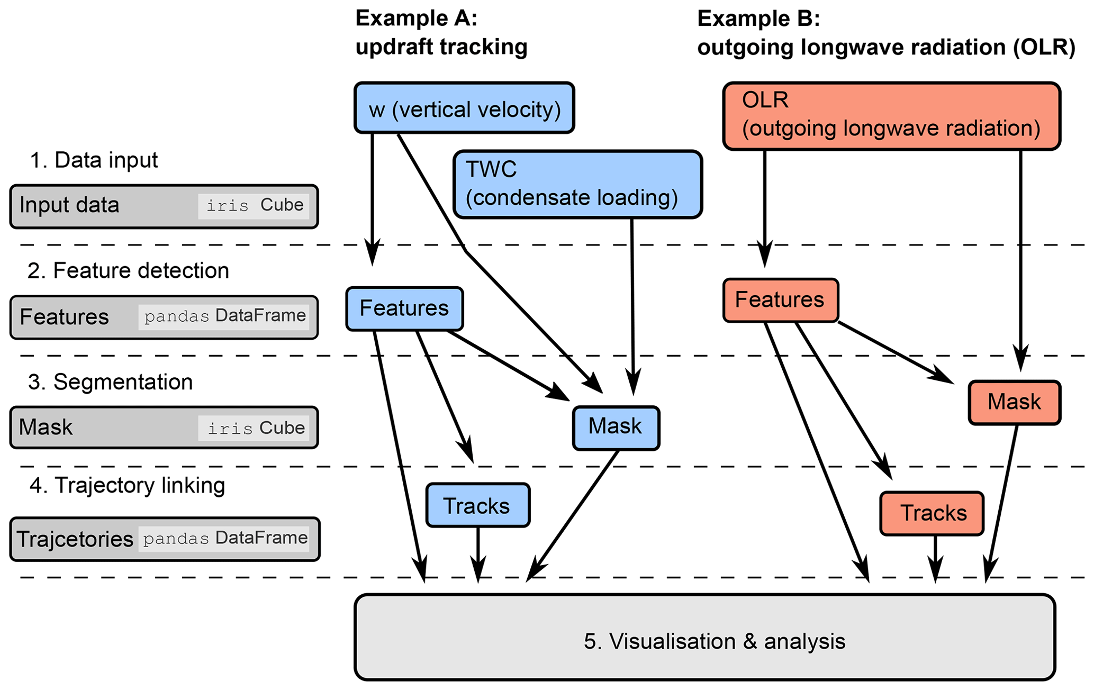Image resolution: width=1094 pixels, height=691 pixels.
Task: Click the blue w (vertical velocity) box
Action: pyautogui.click(x=464, y=108)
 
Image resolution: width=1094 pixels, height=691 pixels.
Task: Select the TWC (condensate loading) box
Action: pyautogui.click(x=577, y=184)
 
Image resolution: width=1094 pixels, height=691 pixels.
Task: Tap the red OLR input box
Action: pyautogui.click(x=891, y=116)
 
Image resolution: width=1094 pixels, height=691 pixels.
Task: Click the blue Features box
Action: pyautogui.click(x=404, y=309)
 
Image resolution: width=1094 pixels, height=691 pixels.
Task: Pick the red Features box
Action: pyautogui.click(x=780, y=300)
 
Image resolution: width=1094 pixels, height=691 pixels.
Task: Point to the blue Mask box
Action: pyautogui.click(x=616, y=428)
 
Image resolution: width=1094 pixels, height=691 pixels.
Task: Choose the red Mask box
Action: pyautogui.click(x=1014, y=402)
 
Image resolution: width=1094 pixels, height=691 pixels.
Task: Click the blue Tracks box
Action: pyautogui.click(x=477, y=505)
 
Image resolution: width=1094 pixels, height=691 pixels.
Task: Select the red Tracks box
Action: pyautogui.click(x=932, y=513)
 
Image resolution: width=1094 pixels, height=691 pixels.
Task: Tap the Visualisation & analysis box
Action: pyautogui.click(x=705, y=637)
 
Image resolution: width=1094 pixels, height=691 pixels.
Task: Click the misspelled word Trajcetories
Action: pyautogui.click(x=75, y=539)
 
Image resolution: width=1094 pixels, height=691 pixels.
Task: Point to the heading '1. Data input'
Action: pyautogui.click(x=94, y=160)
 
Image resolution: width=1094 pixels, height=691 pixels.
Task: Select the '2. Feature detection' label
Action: pyautogui.click(x=128, y=271)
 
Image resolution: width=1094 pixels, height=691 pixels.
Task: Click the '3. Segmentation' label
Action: pyautogui.click(x=111, y=382)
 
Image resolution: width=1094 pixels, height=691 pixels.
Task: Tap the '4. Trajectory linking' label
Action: pyautogui.click(x=127, y=485)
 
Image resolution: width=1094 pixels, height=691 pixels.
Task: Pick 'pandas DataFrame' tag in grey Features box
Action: pyautogui.click(x=224, y=316)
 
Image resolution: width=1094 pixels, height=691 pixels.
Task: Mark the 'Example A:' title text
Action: pyautogui.click(x=417, y=19)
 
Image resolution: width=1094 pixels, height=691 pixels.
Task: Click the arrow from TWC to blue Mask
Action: pyautogui.click(x=632, y=307)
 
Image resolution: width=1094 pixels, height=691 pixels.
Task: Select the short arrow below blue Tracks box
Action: pyautogui.click(x=478, y=553)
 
